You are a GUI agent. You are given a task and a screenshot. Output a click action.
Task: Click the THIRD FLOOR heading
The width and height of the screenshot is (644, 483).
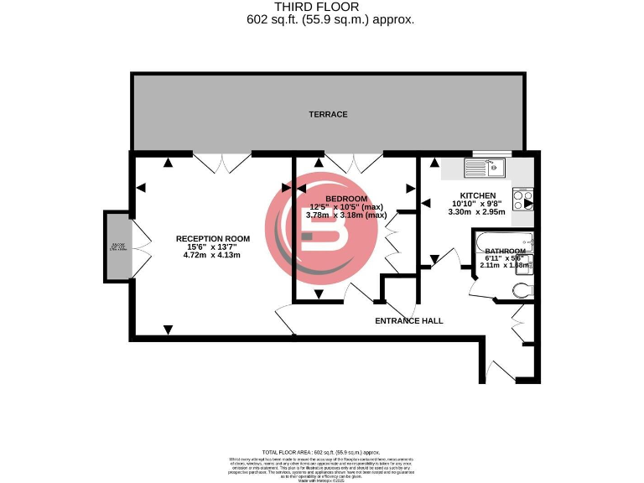322,7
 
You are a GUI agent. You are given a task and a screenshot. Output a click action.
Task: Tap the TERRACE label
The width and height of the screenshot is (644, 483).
328,114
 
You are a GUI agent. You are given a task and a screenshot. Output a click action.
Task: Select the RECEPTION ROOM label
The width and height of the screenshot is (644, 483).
212,239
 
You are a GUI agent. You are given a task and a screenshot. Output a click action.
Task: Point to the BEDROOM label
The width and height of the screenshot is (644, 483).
345,198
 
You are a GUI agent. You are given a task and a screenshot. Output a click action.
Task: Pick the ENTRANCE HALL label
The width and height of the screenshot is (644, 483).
408,320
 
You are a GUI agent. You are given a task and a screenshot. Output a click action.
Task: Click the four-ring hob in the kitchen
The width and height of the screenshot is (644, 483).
522,200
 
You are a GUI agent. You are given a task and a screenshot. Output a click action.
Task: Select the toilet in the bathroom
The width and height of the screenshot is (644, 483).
522,290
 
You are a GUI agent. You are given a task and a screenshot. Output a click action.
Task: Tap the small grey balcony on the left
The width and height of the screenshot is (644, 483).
117,247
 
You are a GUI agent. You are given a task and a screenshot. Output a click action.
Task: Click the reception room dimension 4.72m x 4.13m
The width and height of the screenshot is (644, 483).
212,255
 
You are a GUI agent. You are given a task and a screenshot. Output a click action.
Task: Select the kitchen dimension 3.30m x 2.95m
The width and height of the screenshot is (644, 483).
478,213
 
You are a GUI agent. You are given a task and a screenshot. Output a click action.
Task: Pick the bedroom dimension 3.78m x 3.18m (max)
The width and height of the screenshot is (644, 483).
345,215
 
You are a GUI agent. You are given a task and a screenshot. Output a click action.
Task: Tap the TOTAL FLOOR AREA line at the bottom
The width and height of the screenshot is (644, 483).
322,452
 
